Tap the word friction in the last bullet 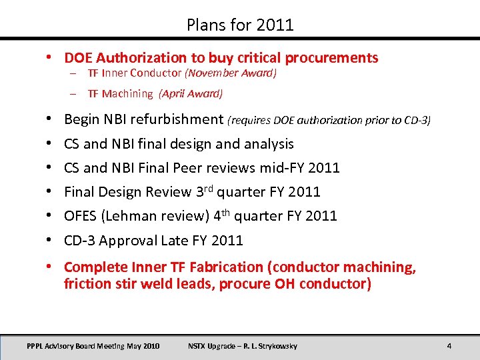84,284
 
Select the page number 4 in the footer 449,346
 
